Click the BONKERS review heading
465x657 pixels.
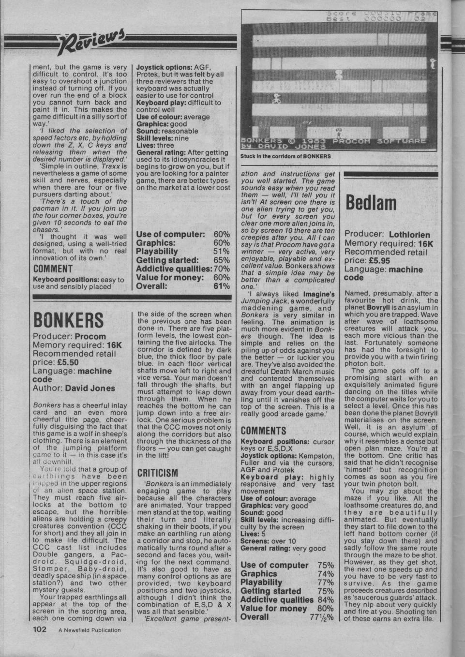68,320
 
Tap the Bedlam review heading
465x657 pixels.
370,203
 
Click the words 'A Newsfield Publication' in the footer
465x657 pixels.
90,630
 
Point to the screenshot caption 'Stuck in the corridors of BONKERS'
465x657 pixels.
285,156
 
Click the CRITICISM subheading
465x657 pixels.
158,472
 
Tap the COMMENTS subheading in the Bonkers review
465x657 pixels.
263,430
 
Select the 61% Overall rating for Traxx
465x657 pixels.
222,286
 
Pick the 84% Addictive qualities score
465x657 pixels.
325,600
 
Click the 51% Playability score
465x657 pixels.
221,252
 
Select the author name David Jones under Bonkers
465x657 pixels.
90,388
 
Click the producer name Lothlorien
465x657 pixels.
409,235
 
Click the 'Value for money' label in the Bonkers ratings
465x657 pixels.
273,608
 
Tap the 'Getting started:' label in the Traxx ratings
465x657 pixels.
167,260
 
